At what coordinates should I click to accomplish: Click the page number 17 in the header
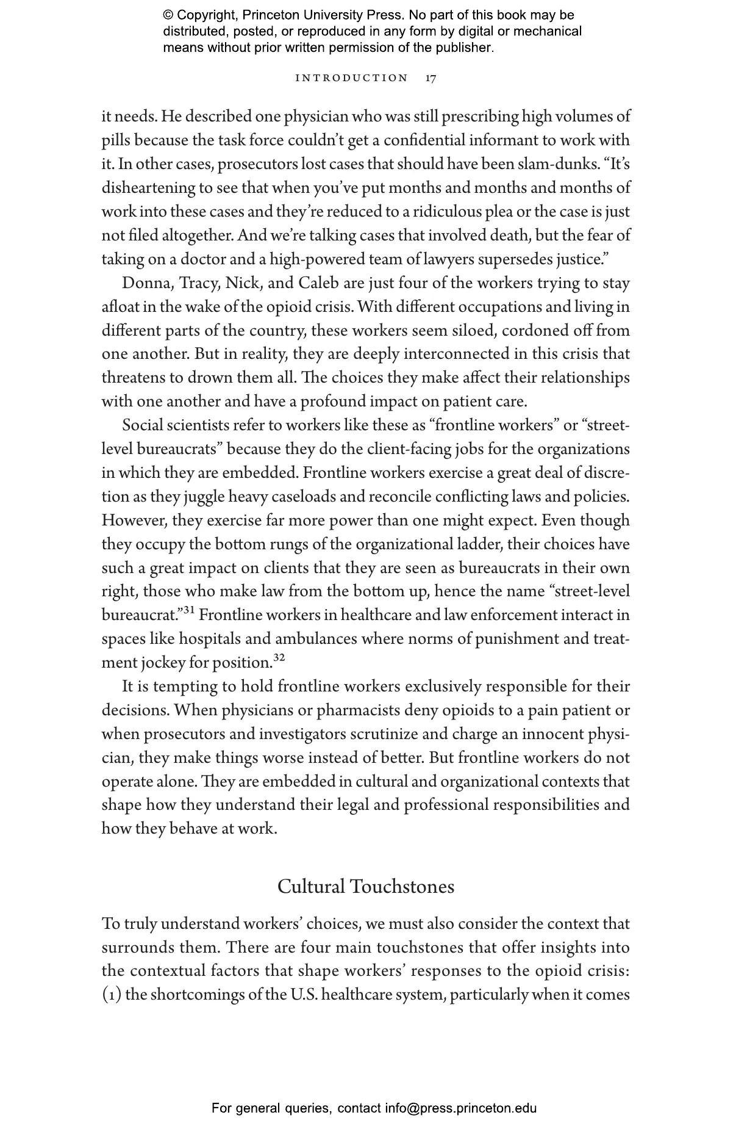click(x=431, y=78)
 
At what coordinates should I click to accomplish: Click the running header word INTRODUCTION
click(x=352, y=78)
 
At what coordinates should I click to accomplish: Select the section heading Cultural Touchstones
click(x=366, y=886)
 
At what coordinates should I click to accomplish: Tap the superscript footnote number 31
click(x=188, y=610)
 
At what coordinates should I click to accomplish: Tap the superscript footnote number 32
click(x=279, y=658)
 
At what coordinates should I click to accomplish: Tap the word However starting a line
click(x=134, y=521)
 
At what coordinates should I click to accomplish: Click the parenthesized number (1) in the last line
click(x=112, y=995)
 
